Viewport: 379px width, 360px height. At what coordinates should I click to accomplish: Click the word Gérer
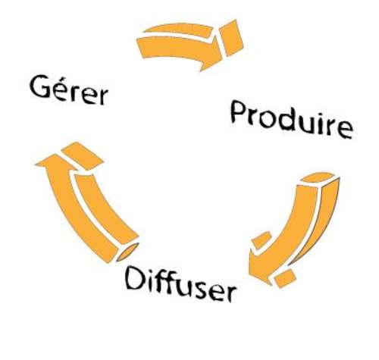point(69,90)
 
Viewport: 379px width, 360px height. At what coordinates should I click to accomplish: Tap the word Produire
point(292,119)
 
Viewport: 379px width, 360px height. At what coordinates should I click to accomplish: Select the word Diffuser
point(180,284)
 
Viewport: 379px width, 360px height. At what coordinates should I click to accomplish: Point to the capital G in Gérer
point(40,86)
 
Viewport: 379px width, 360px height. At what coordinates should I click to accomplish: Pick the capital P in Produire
point(239,111)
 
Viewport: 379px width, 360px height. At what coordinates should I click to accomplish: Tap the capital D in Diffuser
point(136,278)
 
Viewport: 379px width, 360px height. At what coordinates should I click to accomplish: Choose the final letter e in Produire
point(345,130)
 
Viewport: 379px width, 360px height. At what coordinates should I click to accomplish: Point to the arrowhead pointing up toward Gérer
point(55,163)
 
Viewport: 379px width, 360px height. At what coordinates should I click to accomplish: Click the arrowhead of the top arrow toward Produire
point(211,55)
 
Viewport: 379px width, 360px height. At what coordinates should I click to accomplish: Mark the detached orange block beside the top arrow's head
point(231,38)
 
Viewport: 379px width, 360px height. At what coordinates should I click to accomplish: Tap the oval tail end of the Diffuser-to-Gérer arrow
point(128,252)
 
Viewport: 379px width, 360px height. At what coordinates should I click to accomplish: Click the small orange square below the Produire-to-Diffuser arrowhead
point(285,278)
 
